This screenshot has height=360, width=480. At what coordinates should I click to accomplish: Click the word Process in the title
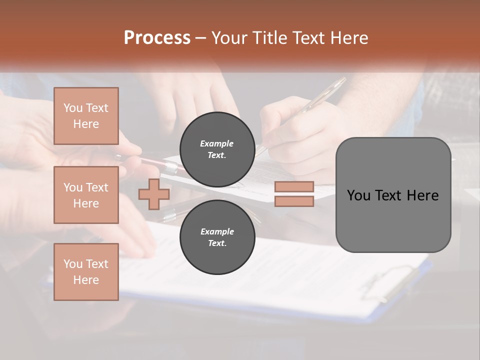[x=157, y=38]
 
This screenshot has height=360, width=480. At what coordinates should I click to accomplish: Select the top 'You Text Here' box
[x=86, y=116]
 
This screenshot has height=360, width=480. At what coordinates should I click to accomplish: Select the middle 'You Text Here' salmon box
[x=86, y=195]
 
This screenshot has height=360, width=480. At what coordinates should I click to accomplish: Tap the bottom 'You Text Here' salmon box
[x=86, y=272]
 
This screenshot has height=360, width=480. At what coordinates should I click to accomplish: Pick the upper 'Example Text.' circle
[x=217, y=149]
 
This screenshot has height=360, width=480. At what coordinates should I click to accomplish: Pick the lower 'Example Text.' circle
[x=217, y=237]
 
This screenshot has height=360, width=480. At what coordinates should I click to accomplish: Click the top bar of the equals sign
[x=294, y=187]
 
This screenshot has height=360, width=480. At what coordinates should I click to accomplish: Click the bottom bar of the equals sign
[x=294, y=201]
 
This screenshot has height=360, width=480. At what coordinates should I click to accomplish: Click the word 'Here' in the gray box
[x=423, y=195]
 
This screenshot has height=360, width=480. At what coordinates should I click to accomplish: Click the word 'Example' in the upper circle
[x=217, y=143]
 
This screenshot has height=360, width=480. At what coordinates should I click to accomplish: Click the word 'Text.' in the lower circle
[x=217, y=243]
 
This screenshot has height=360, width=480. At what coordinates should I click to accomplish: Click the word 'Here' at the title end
[x=350, y=38]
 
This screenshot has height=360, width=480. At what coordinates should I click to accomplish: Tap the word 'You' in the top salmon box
[x=73, y=108]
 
